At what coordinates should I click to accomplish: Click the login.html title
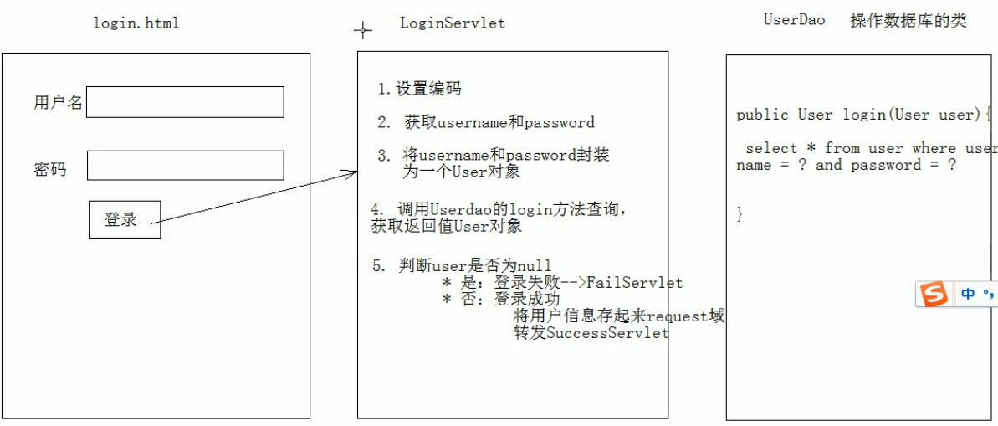136,23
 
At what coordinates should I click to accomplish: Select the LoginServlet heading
453,23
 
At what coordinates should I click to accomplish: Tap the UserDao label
794,20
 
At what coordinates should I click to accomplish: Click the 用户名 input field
185,102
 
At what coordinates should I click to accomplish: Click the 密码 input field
185,165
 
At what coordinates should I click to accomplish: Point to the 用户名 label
58,103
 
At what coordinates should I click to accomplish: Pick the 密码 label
49,170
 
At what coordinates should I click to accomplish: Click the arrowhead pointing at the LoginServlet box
352,173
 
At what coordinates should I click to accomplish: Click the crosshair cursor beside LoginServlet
363,31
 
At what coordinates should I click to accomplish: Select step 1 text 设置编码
428,90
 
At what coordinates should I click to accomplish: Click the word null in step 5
535,266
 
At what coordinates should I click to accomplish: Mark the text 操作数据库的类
908,22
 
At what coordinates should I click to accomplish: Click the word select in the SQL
771,148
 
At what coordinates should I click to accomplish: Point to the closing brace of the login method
740,214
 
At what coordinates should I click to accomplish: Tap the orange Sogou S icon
934,294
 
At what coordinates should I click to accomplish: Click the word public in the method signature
763,115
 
